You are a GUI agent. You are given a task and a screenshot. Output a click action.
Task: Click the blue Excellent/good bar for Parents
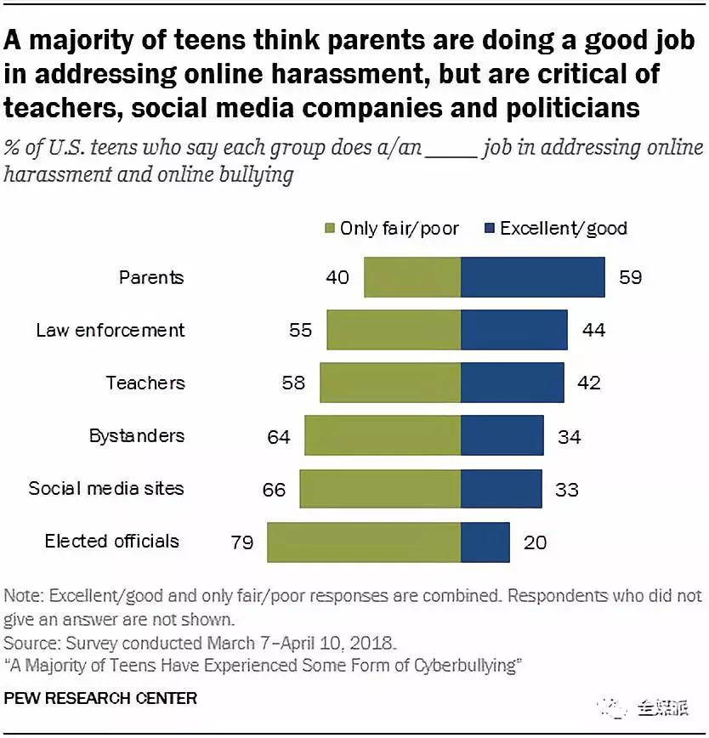(532, 277)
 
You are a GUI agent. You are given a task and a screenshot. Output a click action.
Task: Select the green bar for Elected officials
(364, 542)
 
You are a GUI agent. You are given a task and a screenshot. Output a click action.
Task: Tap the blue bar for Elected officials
(485, 542)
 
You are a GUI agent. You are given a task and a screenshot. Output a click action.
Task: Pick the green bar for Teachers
(390, 383)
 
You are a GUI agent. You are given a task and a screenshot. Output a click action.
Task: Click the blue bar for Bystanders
(502, 435)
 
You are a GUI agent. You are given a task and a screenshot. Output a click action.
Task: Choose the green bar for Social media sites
(380, 489)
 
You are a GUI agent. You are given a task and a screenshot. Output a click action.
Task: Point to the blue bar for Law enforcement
(513, 330)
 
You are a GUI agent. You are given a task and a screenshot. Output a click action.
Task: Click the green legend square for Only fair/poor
(330, 229)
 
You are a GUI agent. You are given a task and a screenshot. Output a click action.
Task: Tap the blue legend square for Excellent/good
(490, 229)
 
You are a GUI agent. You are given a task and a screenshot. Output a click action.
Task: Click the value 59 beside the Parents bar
(630, 277)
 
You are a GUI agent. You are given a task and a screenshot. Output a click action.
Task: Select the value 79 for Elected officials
(241, 542)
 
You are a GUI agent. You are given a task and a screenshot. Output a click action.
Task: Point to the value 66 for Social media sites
(275, 489)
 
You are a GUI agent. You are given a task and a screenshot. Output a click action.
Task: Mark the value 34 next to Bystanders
(569, 436)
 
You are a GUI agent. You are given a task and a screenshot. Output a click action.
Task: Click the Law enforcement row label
(110, 330)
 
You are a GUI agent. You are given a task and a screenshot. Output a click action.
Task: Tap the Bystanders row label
(136, 435)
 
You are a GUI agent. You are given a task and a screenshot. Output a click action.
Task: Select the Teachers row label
(145, 383)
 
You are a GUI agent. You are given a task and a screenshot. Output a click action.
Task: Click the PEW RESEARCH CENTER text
(100, 698)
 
